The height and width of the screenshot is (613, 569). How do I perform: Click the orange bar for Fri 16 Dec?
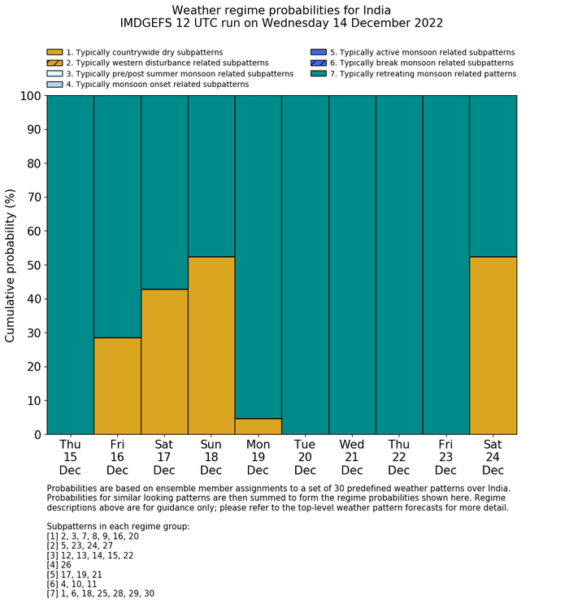pos(117,386)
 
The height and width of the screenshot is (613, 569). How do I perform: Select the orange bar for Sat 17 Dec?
pos(164,362)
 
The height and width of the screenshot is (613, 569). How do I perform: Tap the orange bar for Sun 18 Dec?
pos(211,346)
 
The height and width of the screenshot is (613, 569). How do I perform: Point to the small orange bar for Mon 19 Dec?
pos(258,427)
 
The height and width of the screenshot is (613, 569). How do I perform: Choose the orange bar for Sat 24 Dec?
pos(493,346)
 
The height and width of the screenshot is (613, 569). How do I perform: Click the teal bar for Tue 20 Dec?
pos(305,265)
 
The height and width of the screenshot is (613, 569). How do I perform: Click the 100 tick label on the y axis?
pos(29,96)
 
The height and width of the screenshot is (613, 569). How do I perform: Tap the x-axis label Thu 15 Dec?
pos(70,457)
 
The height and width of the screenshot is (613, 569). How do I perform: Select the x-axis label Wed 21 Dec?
pos(352,457)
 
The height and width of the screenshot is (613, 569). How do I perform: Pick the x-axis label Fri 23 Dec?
pos(445,457)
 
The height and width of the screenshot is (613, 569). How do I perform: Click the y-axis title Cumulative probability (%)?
pos(11,265)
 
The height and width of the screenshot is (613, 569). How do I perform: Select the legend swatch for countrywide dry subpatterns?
pos(54,52)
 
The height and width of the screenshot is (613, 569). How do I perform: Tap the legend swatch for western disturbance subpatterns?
pos(54,63)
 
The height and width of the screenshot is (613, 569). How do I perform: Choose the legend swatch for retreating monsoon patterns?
pos(319,73)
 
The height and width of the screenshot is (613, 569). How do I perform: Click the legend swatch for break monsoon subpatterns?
pos(319,63)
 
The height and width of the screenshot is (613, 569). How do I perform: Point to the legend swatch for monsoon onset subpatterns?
pos(54,84)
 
